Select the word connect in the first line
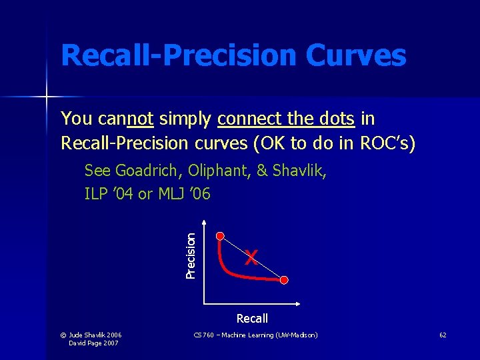click(x=250, y=119)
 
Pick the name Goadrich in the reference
click(x=146, y=171)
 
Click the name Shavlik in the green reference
click(x=298, y=171)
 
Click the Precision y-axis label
click(x=191, y=255)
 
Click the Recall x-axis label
click(x=252, y=319)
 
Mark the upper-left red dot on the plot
click(x=221, y=235)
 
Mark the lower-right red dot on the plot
click(x=285, y=279)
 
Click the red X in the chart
click(x=251, y=257)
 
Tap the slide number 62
click(x=443, y=335)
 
